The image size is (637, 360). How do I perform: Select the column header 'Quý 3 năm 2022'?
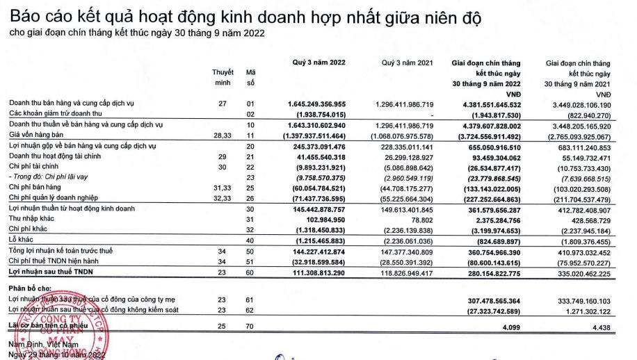(319, 63)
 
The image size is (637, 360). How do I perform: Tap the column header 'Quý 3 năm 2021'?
(408, 63)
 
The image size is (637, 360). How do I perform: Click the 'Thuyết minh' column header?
(223, 78)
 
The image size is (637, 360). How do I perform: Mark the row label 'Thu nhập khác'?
(31, 218)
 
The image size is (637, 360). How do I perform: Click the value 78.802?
(419, 218)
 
